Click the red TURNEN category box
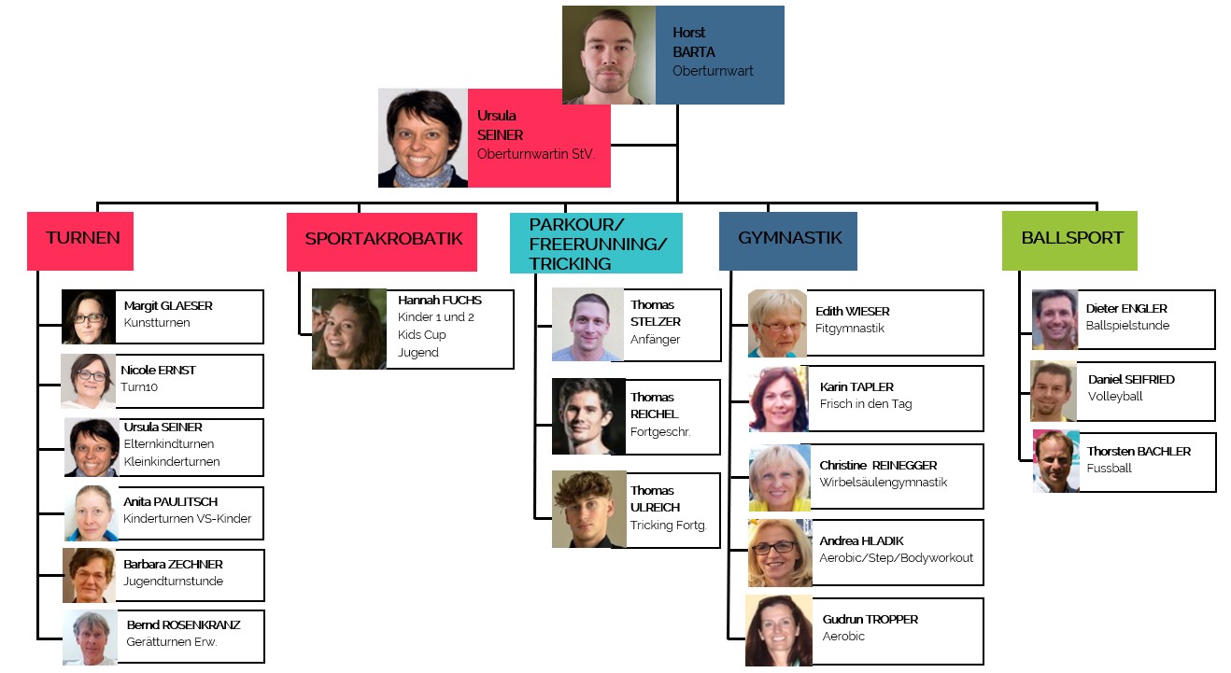click(80, 241)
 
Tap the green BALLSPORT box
click(1069, 241)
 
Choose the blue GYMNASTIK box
click(787, 241)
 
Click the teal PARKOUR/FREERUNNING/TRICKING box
click(596, 244)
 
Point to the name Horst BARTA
click(693, 43)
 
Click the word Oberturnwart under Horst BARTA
click(713, 71)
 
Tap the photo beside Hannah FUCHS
click(348, 329)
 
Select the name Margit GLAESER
click(168, 306)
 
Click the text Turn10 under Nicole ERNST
click(139, 386)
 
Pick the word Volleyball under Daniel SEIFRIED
click(1115, 397)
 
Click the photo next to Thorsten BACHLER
click(1055, 461)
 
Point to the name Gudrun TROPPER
click(870, 620)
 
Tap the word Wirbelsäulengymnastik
click(883, 483)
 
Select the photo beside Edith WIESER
click(777, 323)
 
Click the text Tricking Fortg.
click(668, 526)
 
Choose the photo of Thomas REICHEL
click(587, 416)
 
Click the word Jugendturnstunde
click(173, 582)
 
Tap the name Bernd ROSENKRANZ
click(183, 625)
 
